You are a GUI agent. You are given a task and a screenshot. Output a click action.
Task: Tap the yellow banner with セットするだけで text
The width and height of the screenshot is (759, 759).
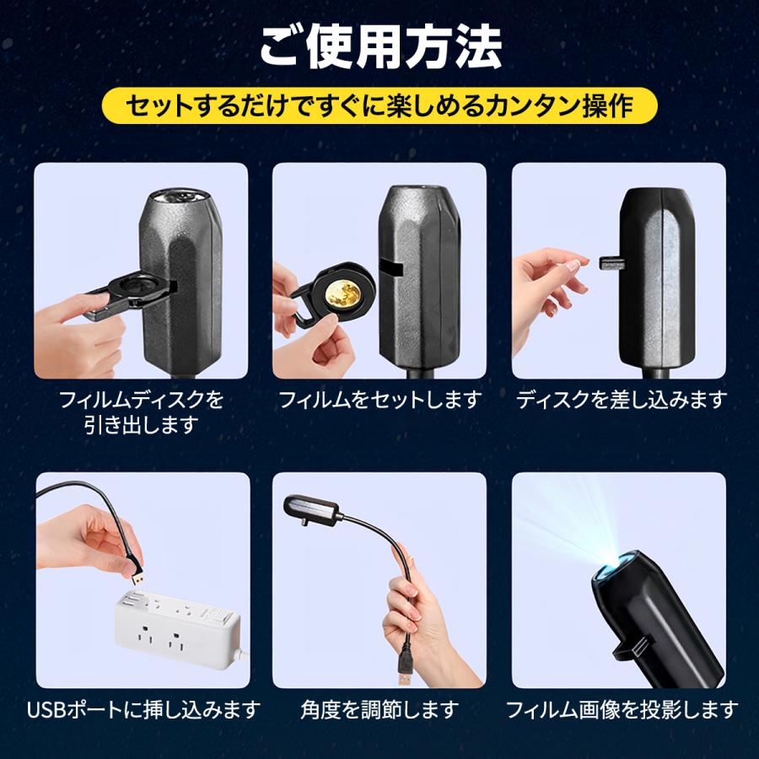(379, 106)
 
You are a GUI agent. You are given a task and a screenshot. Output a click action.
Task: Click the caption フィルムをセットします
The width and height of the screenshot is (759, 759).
(379, 399)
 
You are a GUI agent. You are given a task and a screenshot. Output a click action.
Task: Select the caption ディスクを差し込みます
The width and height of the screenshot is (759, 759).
(621, 399)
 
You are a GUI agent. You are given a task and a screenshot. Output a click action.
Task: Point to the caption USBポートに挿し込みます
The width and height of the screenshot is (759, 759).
(143, 709)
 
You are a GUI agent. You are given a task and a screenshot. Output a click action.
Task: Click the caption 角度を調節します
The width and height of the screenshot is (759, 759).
(379, 709)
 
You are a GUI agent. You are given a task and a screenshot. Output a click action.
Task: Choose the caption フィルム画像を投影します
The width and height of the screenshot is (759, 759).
(621, 709)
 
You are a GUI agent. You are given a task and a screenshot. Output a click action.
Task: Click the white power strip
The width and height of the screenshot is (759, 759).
(177, 628)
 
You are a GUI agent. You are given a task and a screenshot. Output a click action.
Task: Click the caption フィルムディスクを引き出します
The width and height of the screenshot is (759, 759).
(142, 412)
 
